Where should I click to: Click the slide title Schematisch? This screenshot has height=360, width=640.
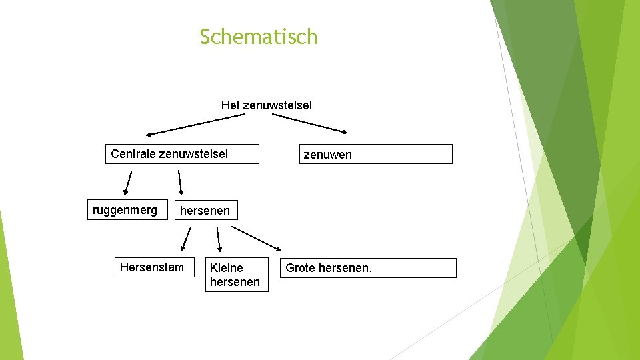coord(259,37)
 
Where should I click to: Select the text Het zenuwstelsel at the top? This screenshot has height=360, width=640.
coord(266,105)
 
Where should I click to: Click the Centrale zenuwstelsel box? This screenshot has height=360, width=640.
coord(172,154)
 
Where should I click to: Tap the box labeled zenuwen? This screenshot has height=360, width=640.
coord(375,154)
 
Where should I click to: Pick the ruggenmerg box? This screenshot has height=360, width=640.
coord(127,211)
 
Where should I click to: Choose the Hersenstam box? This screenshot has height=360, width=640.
coord(154,267)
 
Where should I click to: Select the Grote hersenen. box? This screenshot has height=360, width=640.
coord(368,268)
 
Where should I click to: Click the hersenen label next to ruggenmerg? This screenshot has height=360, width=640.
coord(205,211)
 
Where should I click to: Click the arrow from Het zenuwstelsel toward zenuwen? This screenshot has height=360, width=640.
coord(310,122)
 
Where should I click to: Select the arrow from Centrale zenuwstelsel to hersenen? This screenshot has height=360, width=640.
coord(180,182)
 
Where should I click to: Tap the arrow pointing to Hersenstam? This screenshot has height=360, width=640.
coord(186,239)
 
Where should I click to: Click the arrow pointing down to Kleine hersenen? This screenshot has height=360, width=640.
coord(219,239)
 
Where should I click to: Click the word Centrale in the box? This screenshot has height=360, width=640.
coord(133,154)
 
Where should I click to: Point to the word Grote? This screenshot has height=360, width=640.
coord(300,268)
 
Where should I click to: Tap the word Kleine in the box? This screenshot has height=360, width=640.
coord(226,268)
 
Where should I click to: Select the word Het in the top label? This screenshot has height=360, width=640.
coord(230,105)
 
